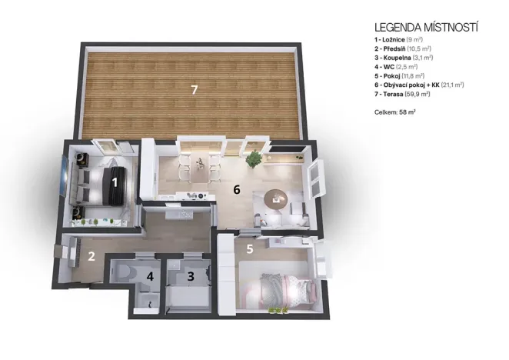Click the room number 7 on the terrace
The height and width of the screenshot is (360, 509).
[x=195, y=90]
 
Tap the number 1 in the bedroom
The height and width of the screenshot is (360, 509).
[x=115, y=182]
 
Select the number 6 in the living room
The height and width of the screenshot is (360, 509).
[x=238, y=188]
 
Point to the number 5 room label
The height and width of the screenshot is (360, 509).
[x=250, y=248]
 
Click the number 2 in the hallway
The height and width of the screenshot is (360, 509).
[x=90, y=257]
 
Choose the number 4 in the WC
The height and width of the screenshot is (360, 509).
[x=151, y=276]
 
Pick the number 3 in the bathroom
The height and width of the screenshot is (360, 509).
[x=191, y=275]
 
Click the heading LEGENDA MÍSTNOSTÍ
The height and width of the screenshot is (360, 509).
[x=425, y=27]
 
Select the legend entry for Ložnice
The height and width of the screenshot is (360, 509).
[x=401, y=39]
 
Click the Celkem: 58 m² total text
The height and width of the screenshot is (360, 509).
[x=394, y=112]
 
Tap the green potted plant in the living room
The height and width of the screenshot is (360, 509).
[x=253, y=159]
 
